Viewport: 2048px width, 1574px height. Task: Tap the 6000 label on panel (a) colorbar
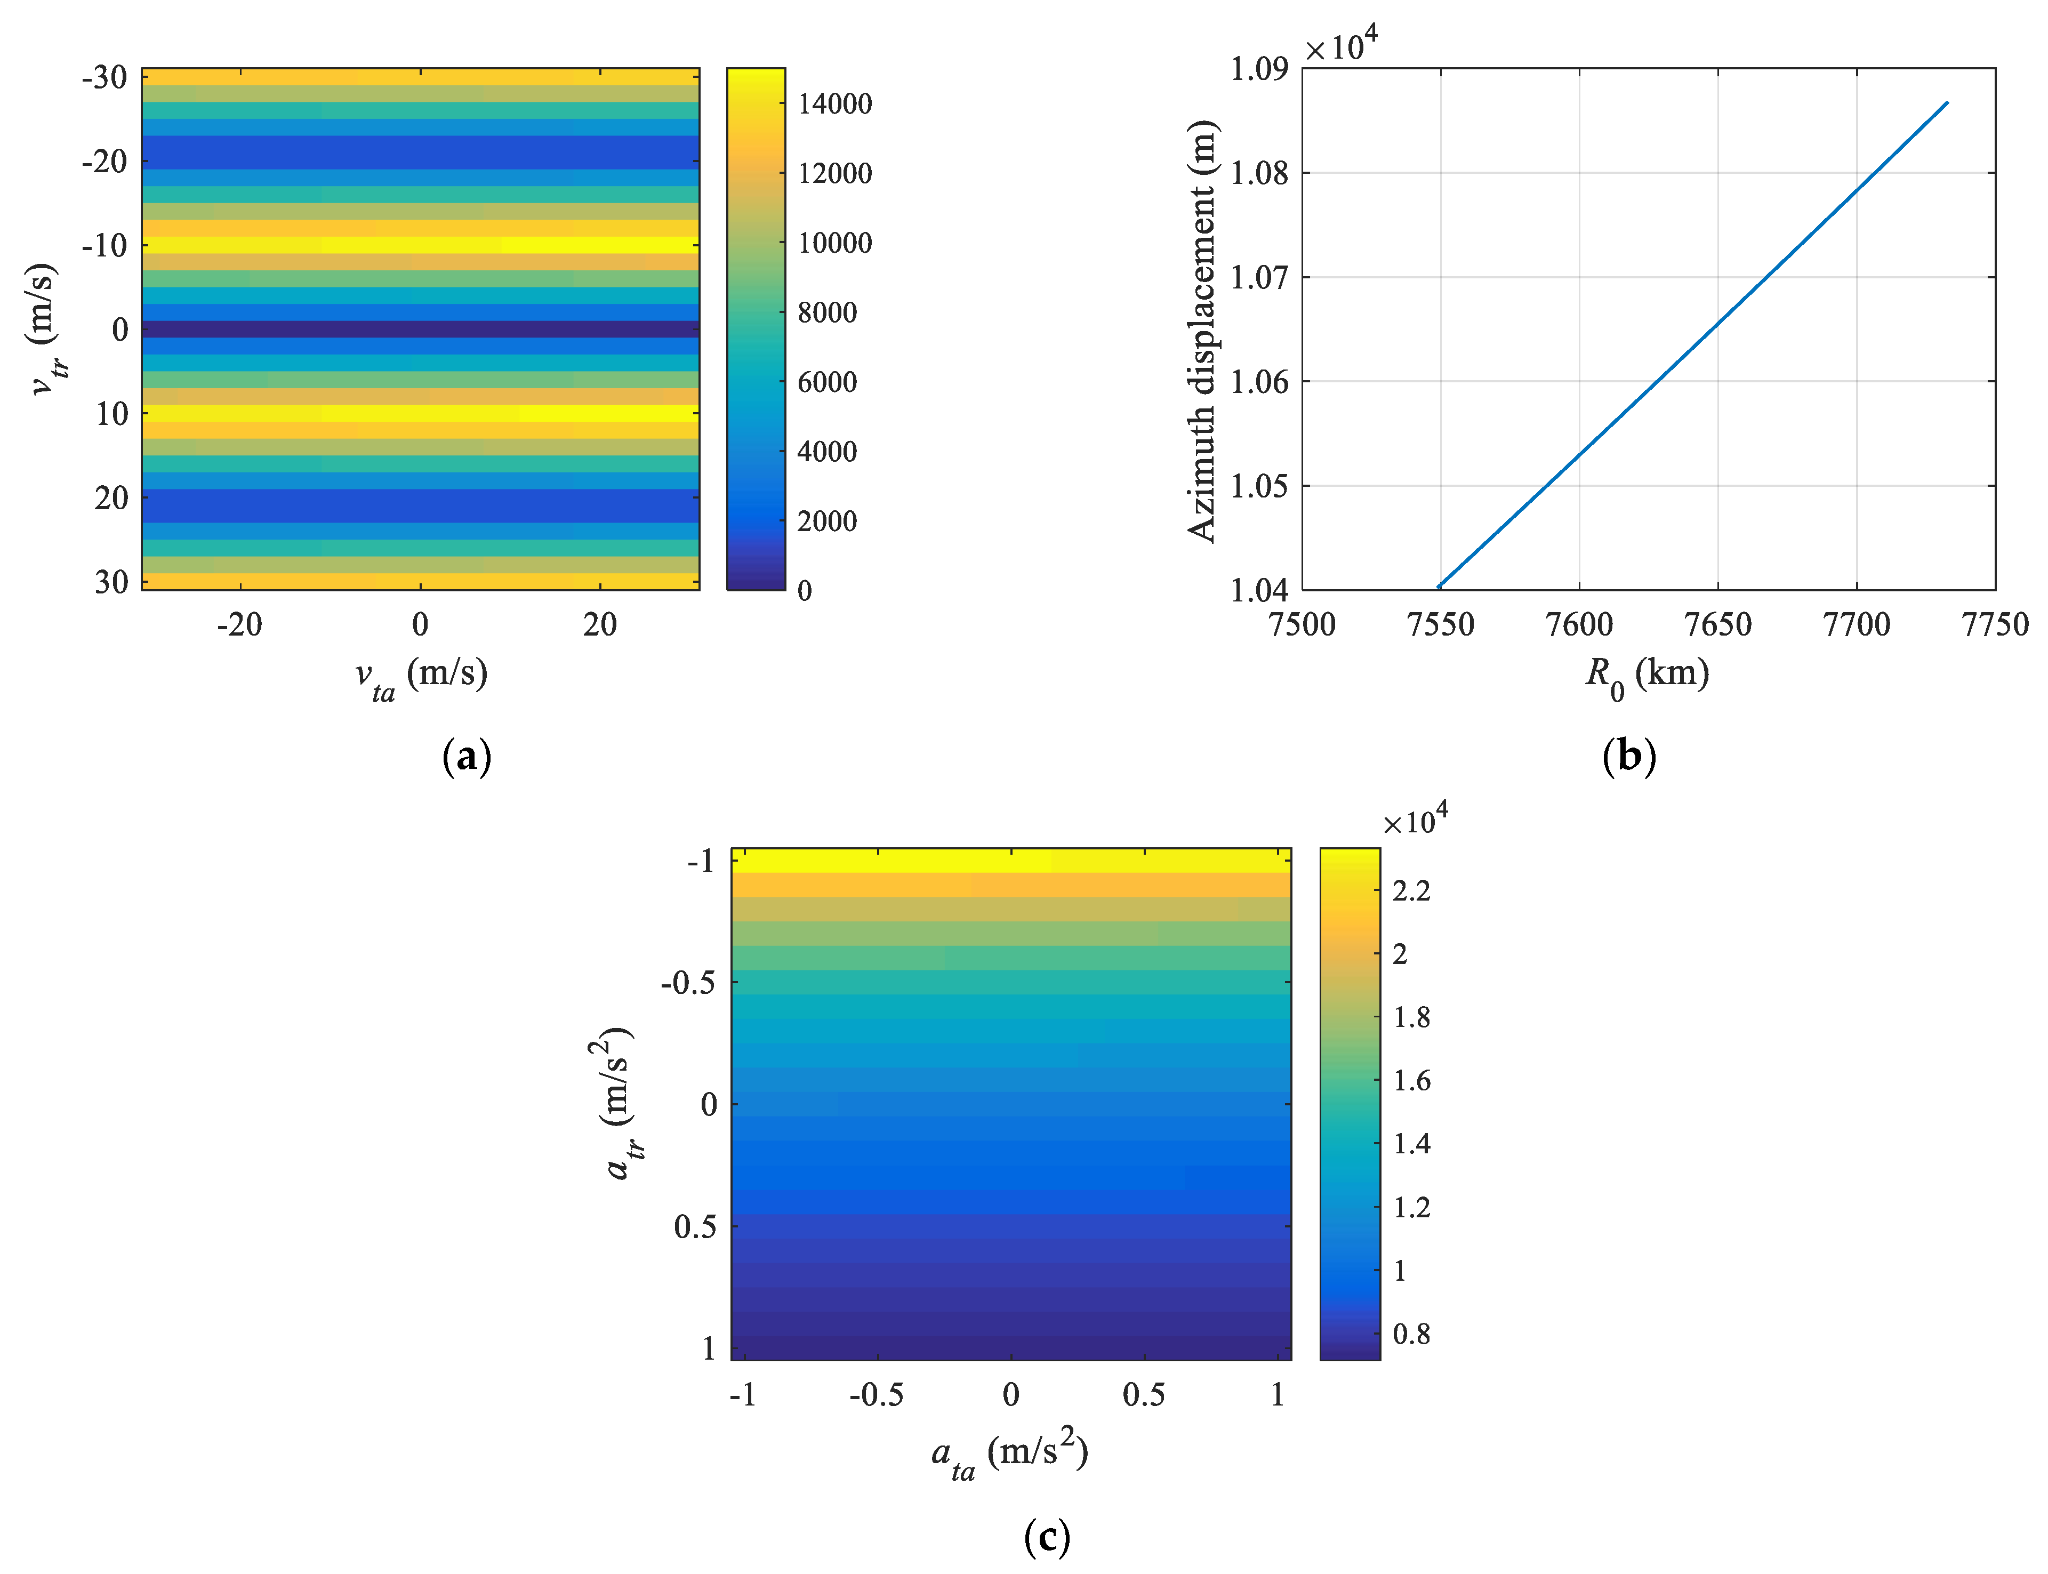[826, 382]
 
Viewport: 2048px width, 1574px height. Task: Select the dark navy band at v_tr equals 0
[420, 329]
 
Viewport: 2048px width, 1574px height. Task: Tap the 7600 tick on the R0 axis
[1579, 624]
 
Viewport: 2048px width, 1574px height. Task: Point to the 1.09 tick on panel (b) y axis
[1258, 68]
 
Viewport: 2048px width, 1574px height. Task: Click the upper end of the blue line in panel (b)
[1947, 103]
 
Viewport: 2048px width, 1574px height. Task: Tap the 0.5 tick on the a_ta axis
[1143, 1395]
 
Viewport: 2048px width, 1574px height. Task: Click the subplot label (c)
[1047, 1537]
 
